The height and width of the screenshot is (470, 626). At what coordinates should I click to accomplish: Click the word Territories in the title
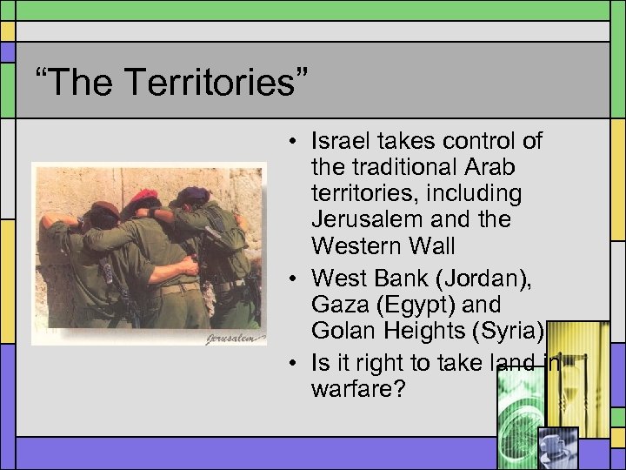[x=216, y=83]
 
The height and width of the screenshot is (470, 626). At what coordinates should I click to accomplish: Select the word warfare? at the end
[x=357, y=387]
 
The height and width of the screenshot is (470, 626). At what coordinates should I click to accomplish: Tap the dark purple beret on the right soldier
[x=193, y=193]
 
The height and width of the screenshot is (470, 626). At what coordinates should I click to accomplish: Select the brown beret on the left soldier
[x=105, y=209]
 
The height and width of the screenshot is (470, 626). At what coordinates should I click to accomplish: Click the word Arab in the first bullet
[x=488, y=166]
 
